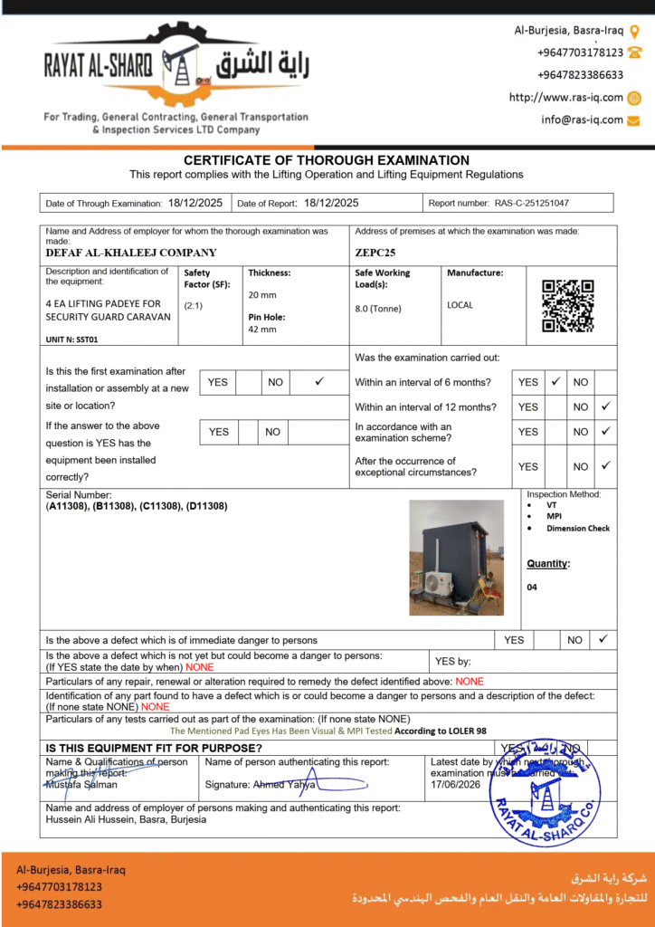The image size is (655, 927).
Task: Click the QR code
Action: pyautogui.click(x=567, y=306)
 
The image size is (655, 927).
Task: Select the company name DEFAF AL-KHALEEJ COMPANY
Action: pyautogui.click(x=131, y=253)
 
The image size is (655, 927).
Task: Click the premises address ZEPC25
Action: pyautogui.click(x=375, y=253)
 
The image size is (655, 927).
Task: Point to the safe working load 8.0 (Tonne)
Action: pyautogui.click(x=378, y=309)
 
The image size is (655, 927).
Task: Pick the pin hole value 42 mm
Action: pyautogui.click(x=262, y=330)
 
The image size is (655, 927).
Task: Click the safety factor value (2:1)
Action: pyautogui.click(x=193, y=306)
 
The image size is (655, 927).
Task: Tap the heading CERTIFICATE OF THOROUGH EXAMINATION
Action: pyautogui.click(x=327, y=160)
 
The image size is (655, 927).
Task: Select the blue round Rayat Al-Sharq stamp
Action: pyautogui.click(x=545, y=791)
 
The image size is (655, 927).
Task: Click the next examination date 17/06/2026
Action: pyautogui.click(x=456, y=784)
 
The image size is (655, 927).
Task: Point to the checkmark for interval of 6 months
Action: pyautogui.click(x=555, y=382)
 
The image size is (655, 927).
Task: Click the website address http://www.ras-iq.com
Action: pyautogui.click(x=566, y=98)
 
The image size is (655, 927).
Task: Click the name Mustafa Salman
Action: pyautogui.click(x=81, y=785)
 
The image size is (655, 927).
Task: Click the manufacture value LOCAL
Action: pyautogui.click(x=460, y=305)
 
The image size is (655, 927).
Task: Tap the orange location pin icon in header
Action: pyautogui.click(x=634, y=31)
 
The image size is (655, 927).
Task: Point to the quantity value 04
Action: pyautogui.click(x=532, y=588)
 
